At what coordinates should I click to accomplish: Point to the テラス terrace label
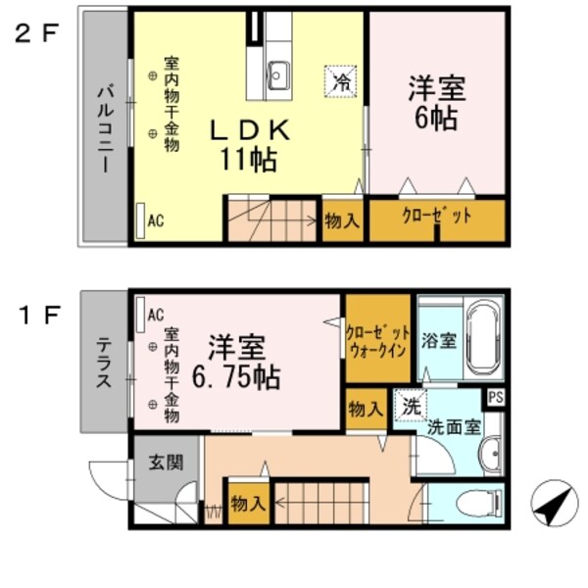[x=104, y=363]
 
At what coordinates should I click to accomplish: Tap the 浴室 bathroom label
[x=438, y=341]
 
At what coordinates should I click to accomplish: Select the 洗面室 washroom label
[x=454, y=427]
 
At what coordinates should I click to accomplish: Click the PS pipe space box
[x=496, y=397]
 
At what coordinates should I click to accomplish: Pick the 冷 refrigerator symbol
[x=341, y=81]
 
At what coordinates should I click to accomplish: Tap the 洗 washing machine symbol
[x=412, y=406]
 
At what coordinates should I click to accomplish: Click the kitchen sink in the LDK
[x=277, y=72]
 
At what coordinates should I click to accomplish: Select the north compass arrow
[x=554, y=506]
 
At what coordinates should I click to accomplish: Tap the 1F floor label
[x=37, y=316]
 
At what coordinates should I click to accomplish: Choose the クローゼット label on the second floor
[x=436, y=217]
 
